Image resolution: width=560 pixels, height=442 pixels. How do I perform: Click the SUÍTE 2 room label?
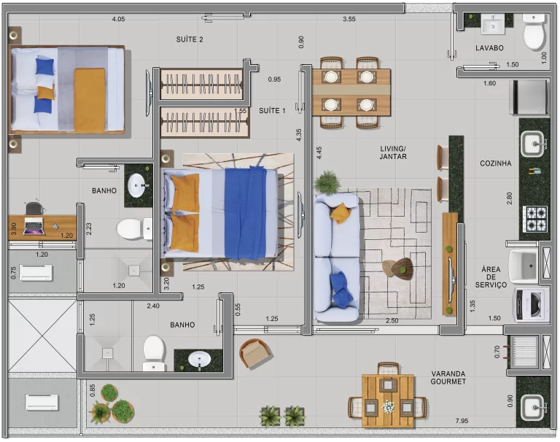pyautogui.click(x=190, y=39)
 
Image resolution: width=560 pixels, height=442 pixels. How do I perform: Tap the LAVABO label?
pyautogui.click(x=489, y=48)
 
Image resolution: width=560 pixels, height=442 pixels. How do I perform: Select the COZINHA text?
pyautogui.click(x=495, y=163)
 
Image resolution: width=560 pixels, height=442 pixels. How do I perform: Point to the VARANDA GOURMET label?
pyautogui.click(x=448, y=378)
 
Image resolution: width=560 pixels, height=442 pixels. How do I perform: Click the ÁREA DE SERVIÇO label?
pyautogui.click(x=491, y=277)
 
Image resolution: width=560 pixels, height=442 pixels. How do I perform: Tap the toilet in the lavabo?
pyautogui.click(x=534, y=32)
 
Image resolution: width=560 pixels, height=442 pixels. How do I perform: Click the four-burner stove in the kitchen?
pyautogui.click(x=534, y=218)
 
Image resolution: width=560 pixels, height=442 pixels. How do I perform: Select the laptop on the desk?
pyautogui.click(x=34, y=228)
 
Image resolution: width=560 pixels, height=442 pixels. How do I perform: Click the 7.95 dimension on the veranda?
pyautogui.click(x=462, y=421)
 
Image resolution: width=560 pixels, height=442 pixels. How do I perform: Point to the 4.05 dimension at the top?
pyautogui.click(x=118, y=19)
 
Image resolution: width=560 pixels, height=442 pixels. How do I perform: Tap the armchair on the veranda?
pyautogui.click(x=255, y=354)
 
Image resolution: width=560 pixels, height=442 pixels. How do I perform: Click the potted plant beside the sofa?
pyautogui.click(x=327, y=182)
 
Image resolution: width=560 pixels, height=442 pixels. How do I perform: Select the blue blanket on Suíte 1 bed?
pyautogui.click(x=245, y=213)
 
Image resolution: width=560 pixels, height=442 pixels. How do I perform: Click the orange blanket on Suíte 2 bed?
pyautogui.click(x=89, y=100)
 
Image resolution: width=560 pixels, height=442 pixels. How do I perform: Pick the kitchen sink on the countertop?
pyautogui.click(x=532, y=144)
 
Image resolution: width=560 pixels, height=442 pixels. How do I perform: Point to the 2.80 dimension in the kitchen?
pyautogui.click(x=509, y=198)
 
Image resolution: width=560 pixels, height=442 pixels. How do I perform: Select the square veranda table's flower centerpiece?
pyautogui.click(x=387, y=406)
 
